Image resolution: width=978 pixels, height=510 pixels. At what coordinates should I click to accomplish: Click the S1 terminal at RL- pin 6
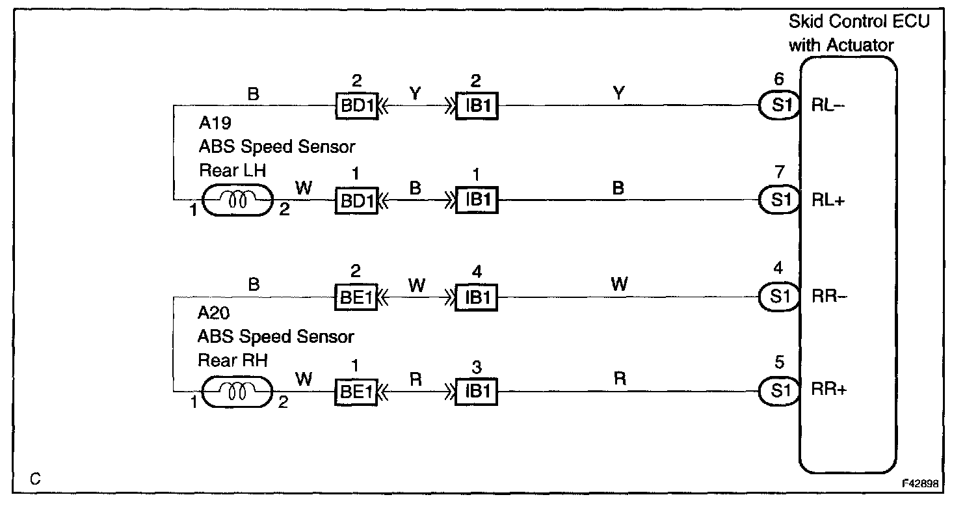point(779,105)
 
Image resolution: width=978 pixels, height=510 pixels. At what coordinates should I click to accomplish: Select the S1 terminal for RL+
point(779,200)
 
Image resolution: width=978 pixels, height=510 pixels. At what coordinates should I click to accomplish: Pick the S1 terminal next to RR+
point(779,391)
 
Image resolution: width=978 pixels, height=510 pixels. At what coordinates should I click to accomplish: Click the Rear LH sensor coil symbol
point(237,200)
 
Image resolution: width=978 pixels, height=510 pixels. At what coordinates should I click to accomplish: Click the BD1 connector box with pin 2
point(356,105)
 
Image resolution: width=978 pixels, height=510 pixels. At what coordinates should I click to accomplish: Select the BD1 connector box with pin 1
point(356,200)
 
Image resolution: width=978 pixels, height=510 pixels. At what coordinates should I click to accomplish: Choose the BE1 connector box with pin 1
point(356,392)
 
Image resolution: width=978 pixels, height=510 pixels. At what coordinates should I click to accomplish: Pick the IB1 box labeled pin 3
point(477,392)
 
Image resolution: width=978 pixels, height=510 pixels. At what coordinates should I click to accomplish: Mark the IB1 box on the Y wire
point(477,105)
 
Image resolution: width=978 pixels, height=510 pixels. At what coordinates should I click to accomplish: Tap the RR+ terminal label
point(828,391)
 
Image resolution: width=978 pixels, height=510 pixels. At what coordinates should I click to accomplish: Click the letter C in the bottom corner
point(35,480)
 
